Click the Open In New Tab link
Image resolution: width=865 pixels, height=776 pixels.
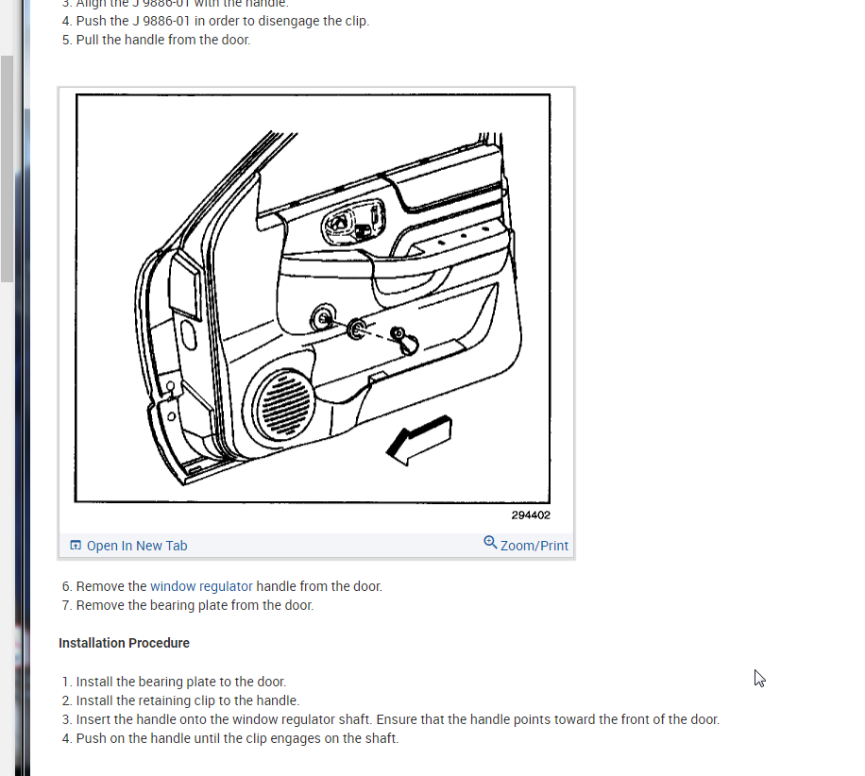(x=137, y=546)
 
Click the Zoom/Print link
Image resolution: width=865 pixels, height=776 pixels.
(x=534, y=546)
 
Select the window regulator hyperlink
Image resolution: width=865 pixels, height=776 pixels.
(x=201, y=586)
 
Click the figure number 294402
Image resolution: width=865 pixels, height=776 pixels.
(x=531, y=515)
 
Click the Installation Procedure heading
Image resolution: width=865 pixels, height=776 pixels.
(x=124, y=643)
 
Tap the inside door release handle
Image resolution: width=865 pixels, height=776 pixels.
(x=340, y=225)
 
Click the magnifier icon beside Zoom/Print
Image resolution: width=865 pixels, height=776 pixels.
(x=490, y=543)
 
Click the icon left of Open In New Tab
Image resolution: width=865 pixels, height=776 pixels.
(x=76, y=546)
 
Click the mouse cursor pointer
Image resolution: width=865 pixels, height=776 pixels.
(x=758, y=677)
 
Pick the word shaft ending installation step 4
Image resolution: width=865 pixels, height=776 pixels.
(x=381, y=738)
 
